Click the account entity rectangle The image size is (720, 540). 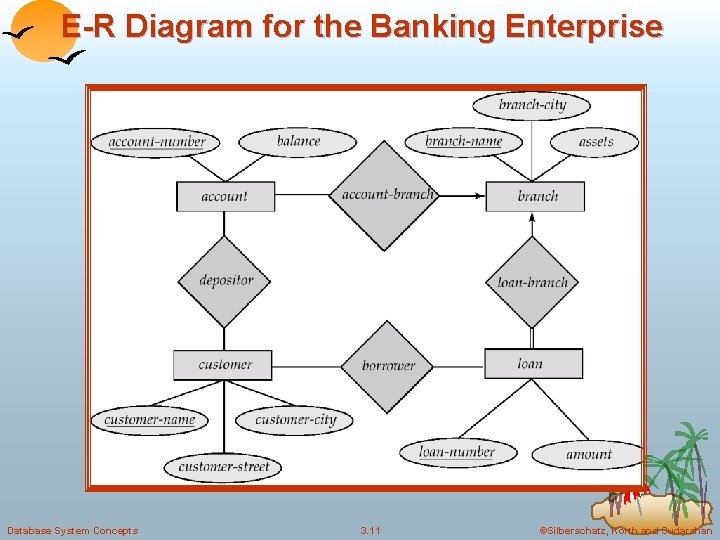pyautogui.click(x=225, y=196)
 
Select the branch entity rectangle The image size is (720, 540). pyautogui.click(x=535, y=196)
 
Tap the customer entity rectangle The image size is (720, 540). pyautogui.click(x=222, y=364)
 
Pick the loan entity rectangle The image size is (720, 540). pyautogui.click(x=533, y=363)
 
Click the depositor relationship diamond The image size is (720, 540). pyautogui.click(x=225, y=281)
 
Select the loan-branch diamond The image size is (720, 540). pyautogui.click(x=533, y=282)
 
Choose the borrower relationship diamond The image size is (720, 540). pyautogui.click(x=387, y=366)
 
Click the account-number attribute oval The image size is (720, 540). pyautogui.click(x=156, y=141)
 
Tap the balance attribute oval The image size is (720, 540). pyautogui.click(x=298, y=141)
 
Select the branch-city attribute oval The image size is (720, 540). pyautogui.click(x=532, y=104)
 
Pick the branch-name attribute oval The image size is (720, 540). pyautogui.click(x=463, y=141)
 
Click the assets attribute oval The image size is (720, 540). pyautogui.click(x=596, y=141)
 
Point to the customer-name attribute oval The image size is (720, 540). pyautogui.click(x=150, y=419)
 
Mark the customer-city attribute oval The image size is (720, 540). pyautogui.click(x=295, y=419)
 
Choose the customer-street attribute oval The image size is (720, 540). pyautogui.click(x=224, y=466)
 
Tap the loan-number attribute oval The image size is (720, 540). pyautogui.click(x=457, y=452)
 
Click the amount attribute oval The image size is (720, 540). pyautogui.click(x=589, y=453)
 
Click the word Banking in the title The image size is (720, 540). pyautogui.click(x=432, y=26)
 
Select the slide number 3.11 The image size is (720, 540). pyautogui.click(x=371, y=530)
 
